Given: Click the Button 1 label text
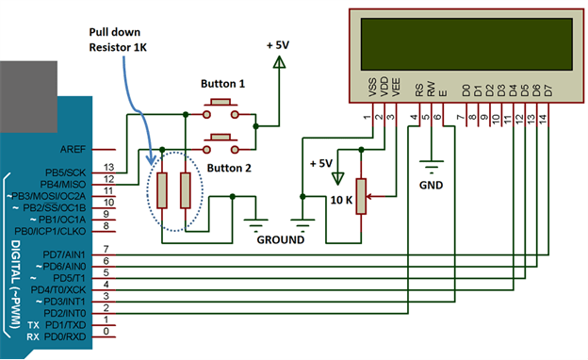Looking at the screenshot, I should pyautogui.click(x=222, y=84).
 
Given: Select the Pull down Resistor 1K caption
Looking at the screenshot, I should pyautogui.click(x=121, y=37).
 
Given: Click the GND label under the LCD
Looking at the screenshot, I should pyautogui.click(x=431, y=186).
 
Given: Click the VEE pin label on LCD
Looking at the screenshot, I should pyautogui.click(x=397, y=90).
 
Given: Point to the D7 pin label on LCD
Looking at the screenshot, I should pyautogui.click(x=547, y=91).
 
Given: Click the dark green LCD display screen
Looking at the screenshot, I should pyautogui.click(x=462, y=42).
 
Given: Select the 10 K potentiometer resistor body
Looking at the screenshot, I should pyautogui.click(x=360, y=198).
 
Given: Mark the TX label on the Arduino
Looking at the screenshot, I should pyautogui.click(x=33, y=323).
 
